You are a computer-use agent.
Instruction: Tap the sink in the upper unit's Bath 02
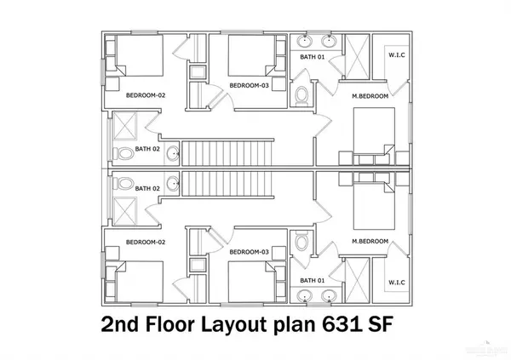click(x=173, y=154)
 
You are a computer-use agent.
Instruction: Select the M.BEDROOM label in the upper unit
click(x=370, y=95)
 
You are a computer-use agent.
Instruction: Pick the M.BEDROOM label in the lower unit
click(x=370, y=242)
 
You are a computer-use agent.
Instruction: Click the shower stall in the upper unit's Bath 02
click(x=124, y=129)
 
